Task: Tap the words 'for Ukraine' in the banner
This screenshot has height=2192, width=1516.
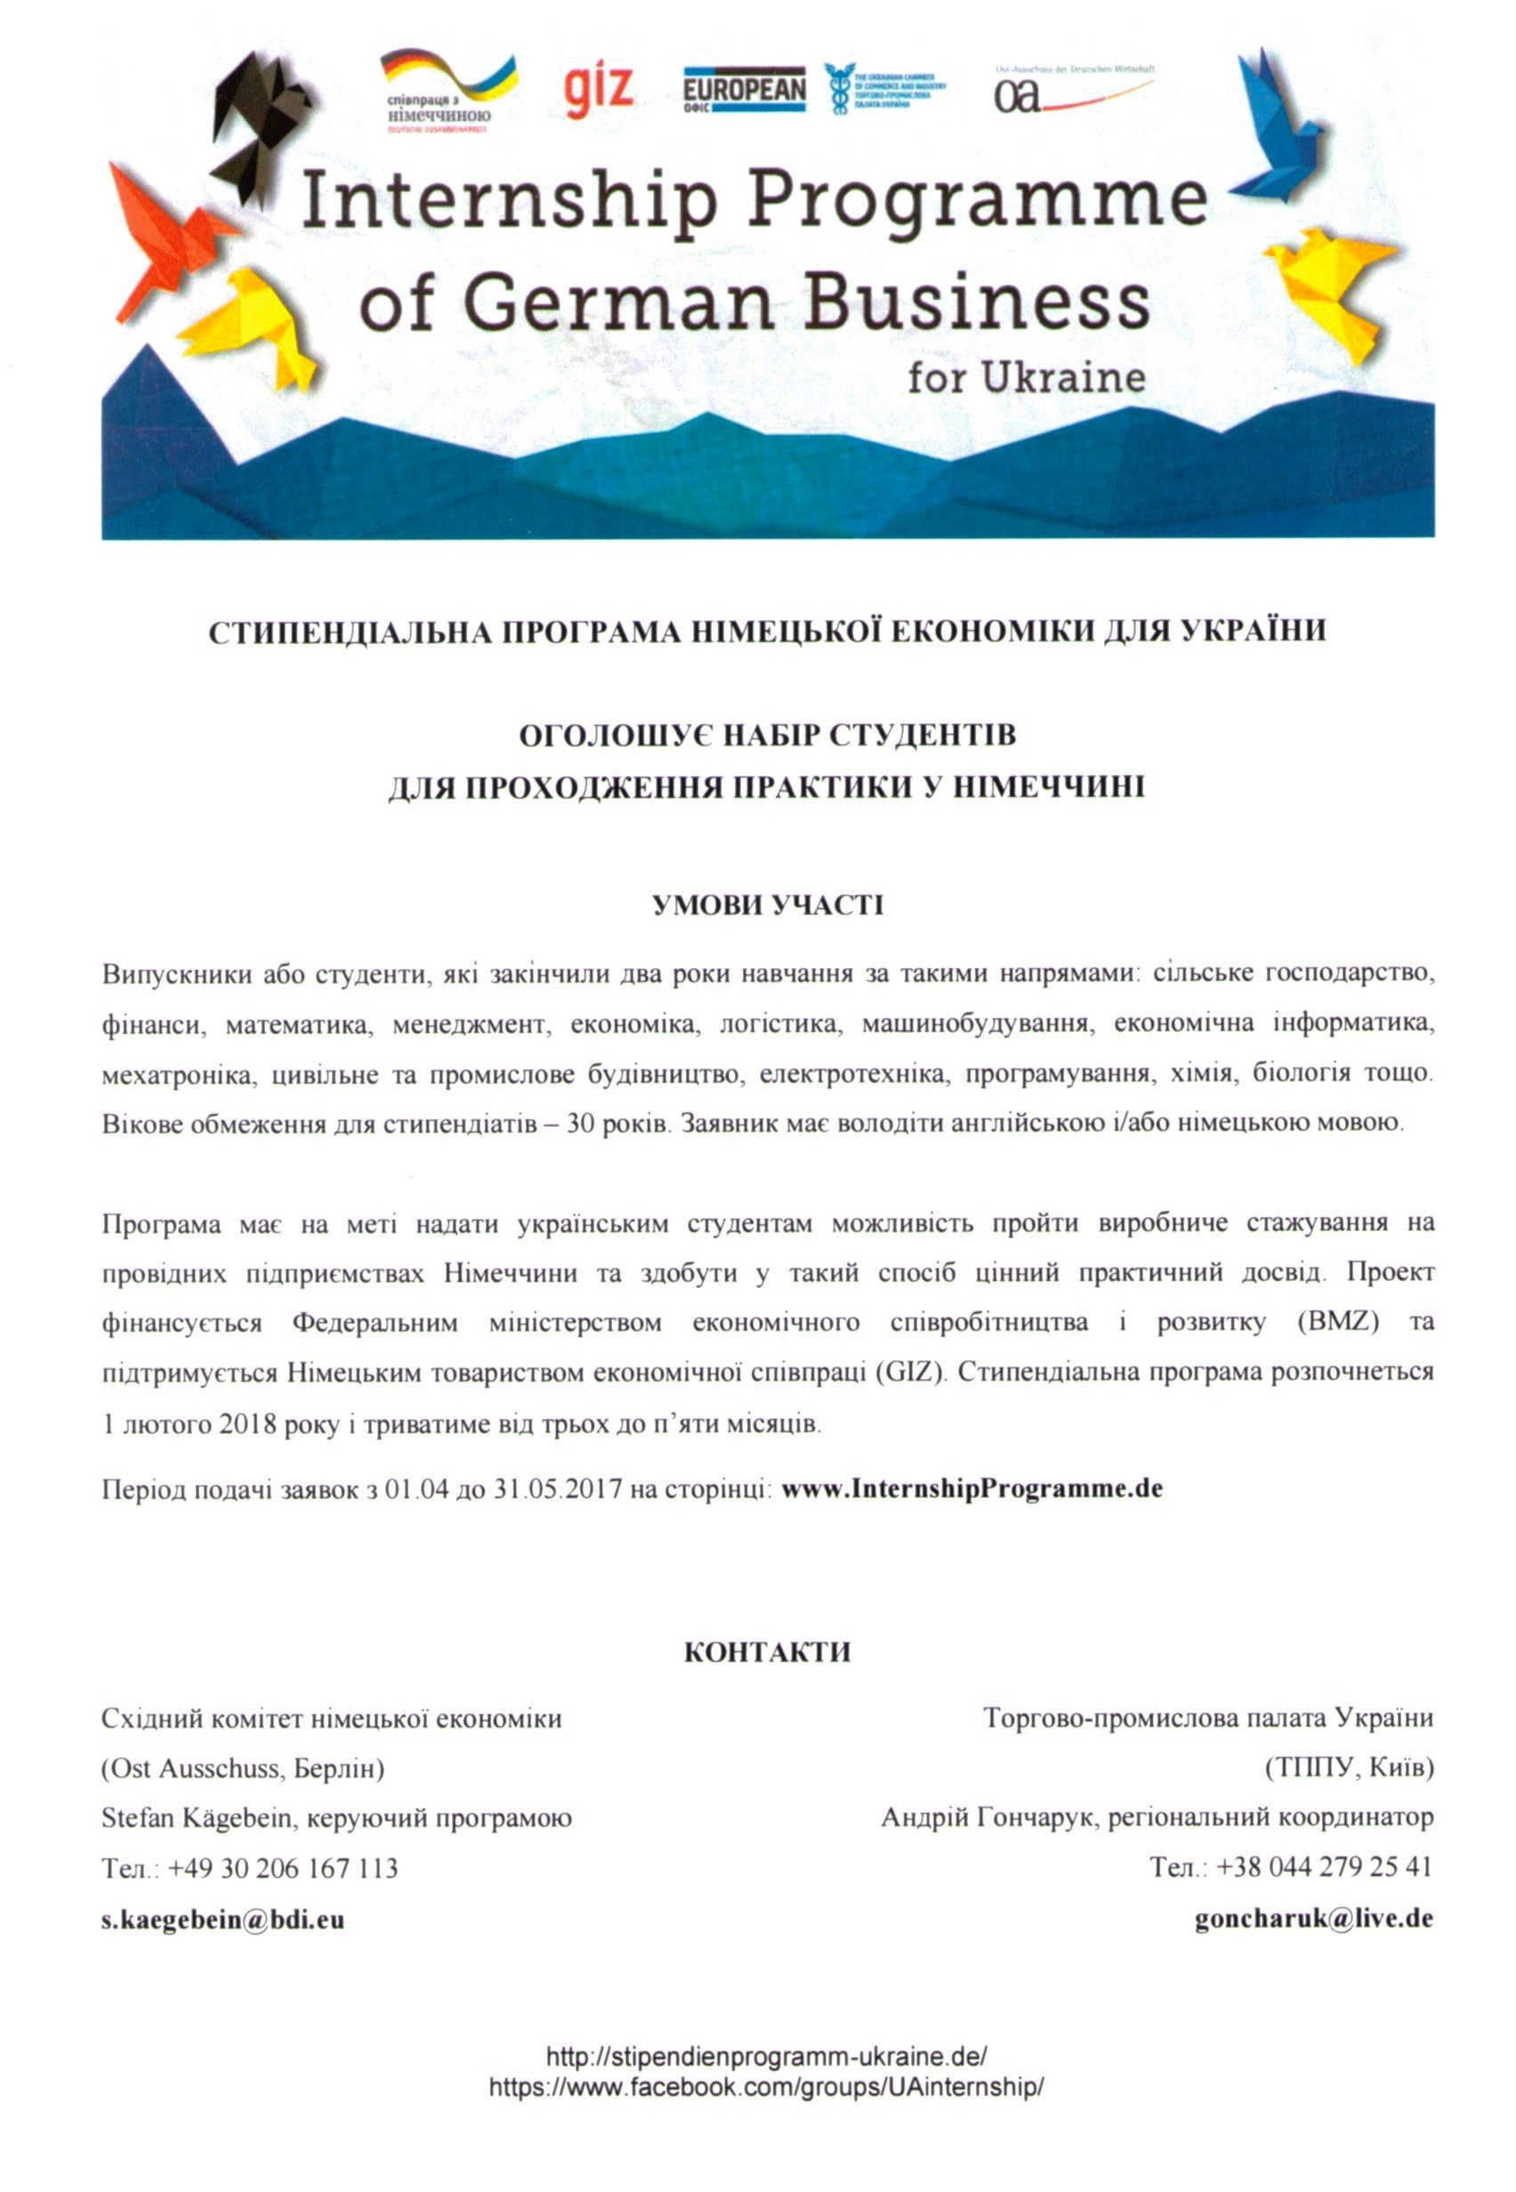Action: [1025, 378]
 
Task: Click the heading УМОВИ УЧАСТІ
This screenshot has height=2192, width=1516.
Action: [768, 905]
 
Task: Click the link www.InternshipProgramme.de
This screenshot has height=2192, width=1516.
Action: [972, 1487]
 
